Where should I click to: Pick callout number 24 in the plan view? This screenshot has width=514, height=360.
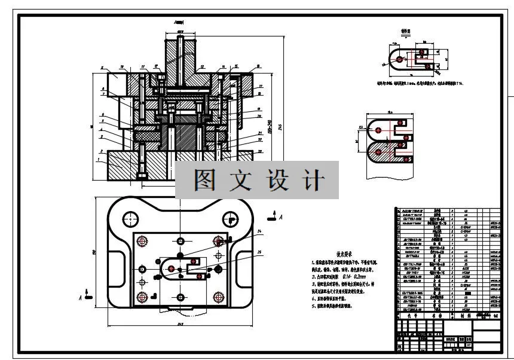tap(259, 231)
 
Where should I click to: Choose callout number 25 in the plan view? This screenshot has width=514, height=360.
tap(259, 253)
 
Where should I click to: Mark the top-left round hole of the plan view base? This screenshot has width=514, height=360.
tap(127, 220)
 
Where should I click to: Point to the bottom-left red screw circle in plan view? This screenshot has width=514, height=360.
tap(142, 297)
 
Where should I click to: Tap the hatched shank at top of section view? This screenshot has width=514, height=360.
tap(180, 60)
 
